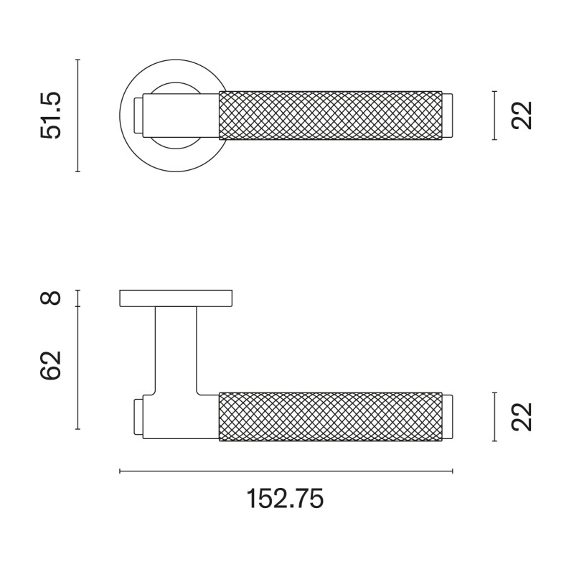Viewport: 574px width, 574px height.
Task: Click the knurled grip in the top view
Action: [x=330, y=115]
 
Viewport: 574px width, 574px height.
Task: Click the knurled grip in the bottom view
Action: [x=330, y=417]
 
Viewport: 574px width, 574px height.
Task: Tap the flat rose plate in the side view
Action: [x=176, y=298]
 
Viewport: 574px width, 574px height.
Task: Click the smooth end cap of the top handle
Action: [x=448, y=115]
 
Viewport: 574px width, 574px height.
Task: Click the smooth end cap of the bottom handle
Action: [x=448, y=417]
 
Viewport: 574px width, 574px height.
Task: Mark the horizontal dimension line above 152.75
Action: [x=286, y=471]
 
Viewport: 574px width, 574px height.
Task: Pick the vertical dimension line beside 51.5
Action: [x=77, y=115]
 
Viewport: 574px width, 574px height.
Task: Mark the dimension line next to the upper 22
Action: [x=495, y=115]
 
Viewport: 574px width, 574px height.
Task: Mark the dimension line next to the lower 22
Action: [x=495, y=417]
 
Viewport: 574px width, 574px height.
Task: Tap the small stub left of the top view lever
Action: [x=138, y=115]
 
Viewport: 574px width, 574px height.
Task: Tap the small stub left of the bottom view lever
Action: [x=138, y=417]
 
